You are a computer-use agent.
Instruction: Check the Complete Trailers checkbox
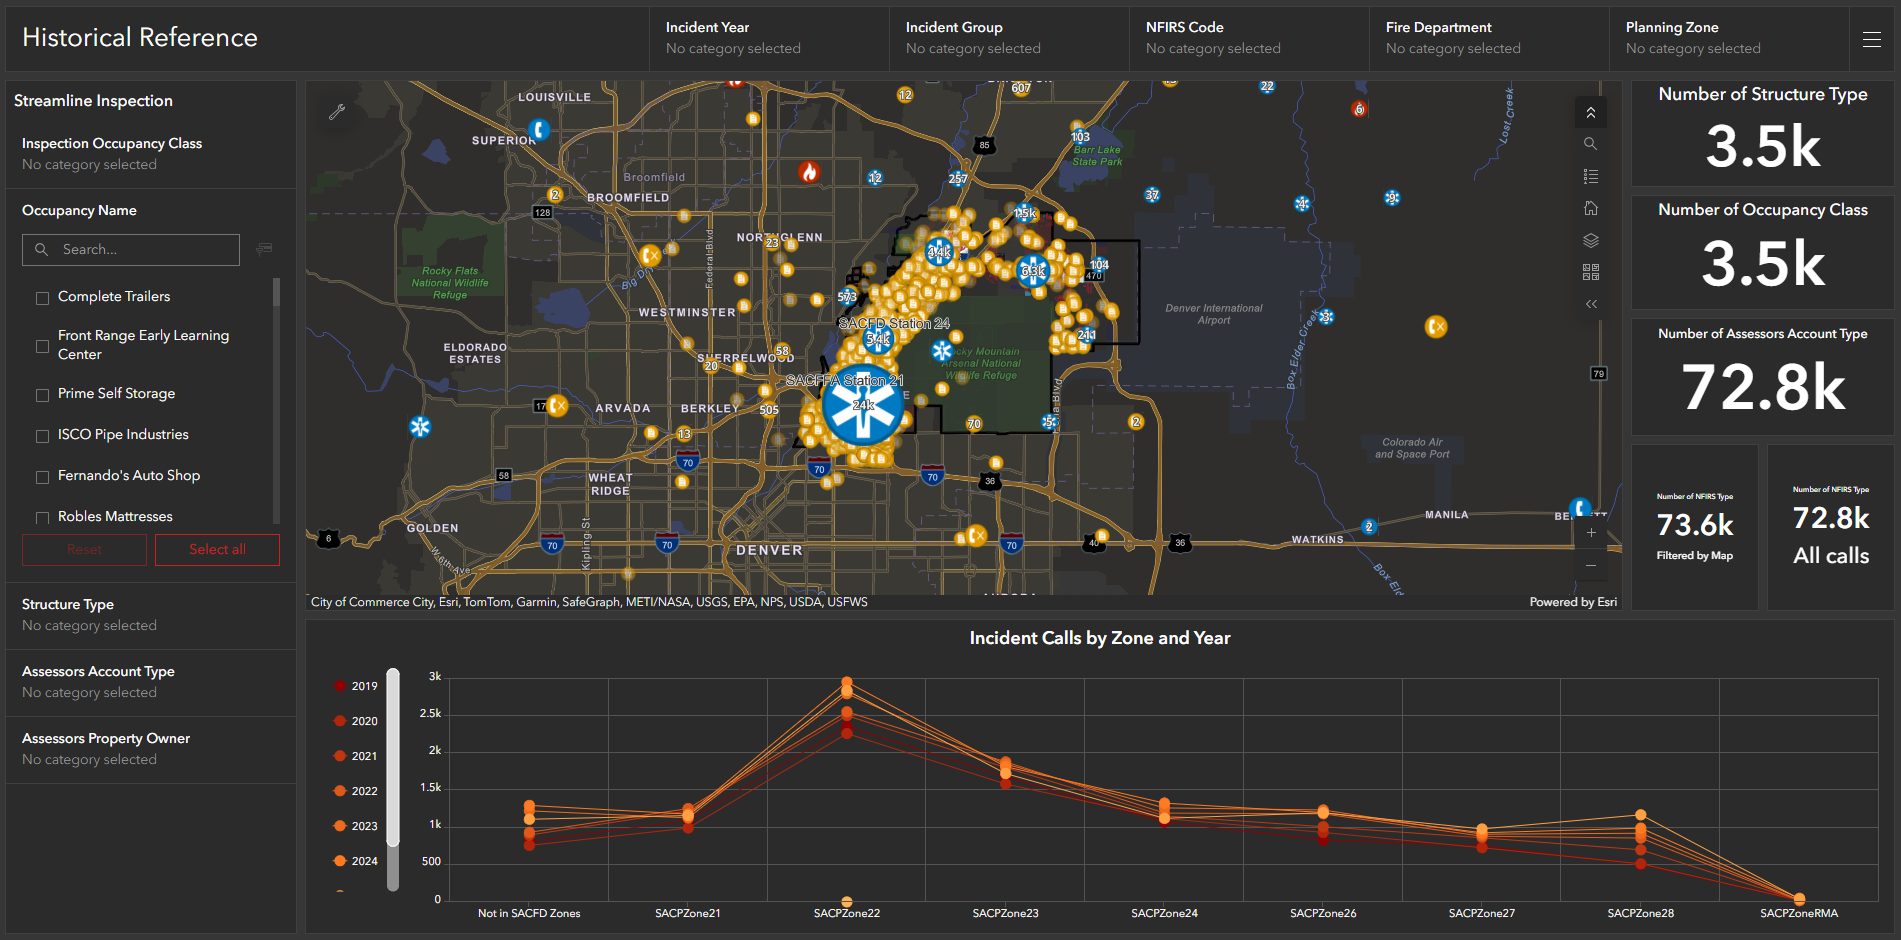[x=42, y=298]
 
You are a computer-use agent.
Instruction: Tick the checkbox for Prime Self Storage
[x=42, y=395]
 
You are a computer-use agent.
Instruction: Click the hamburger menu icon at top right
[x=1872, y=39]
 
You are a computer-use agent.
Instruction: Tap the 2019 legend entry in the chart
[x=356, y=686]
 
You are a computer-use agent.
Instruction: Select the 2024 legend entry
[x=356, y=861]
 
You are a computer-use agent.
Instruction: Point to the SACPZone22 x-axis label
[x=846, y=913]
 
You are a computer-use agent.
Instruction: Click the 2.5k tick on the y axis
[x=431, y=713]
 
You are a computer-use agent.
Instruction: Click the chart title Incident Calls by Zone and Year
[x=1099, y=638]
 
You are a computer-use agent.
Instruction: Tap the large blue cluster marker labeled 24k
[x=862, y=405]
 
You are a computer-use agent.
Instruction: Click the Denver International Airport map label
[x=1213, y=314]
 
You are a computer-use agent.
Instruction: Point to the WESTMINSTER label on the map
[x=687, y=313]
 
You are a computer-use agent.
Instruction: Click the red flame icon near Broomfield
[x=809, y=172]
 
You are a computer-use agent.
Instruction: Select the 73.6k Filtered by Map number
[x=1695, y=525]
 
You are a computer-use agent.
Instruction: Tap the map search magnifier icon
[x=1590, y=144]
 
